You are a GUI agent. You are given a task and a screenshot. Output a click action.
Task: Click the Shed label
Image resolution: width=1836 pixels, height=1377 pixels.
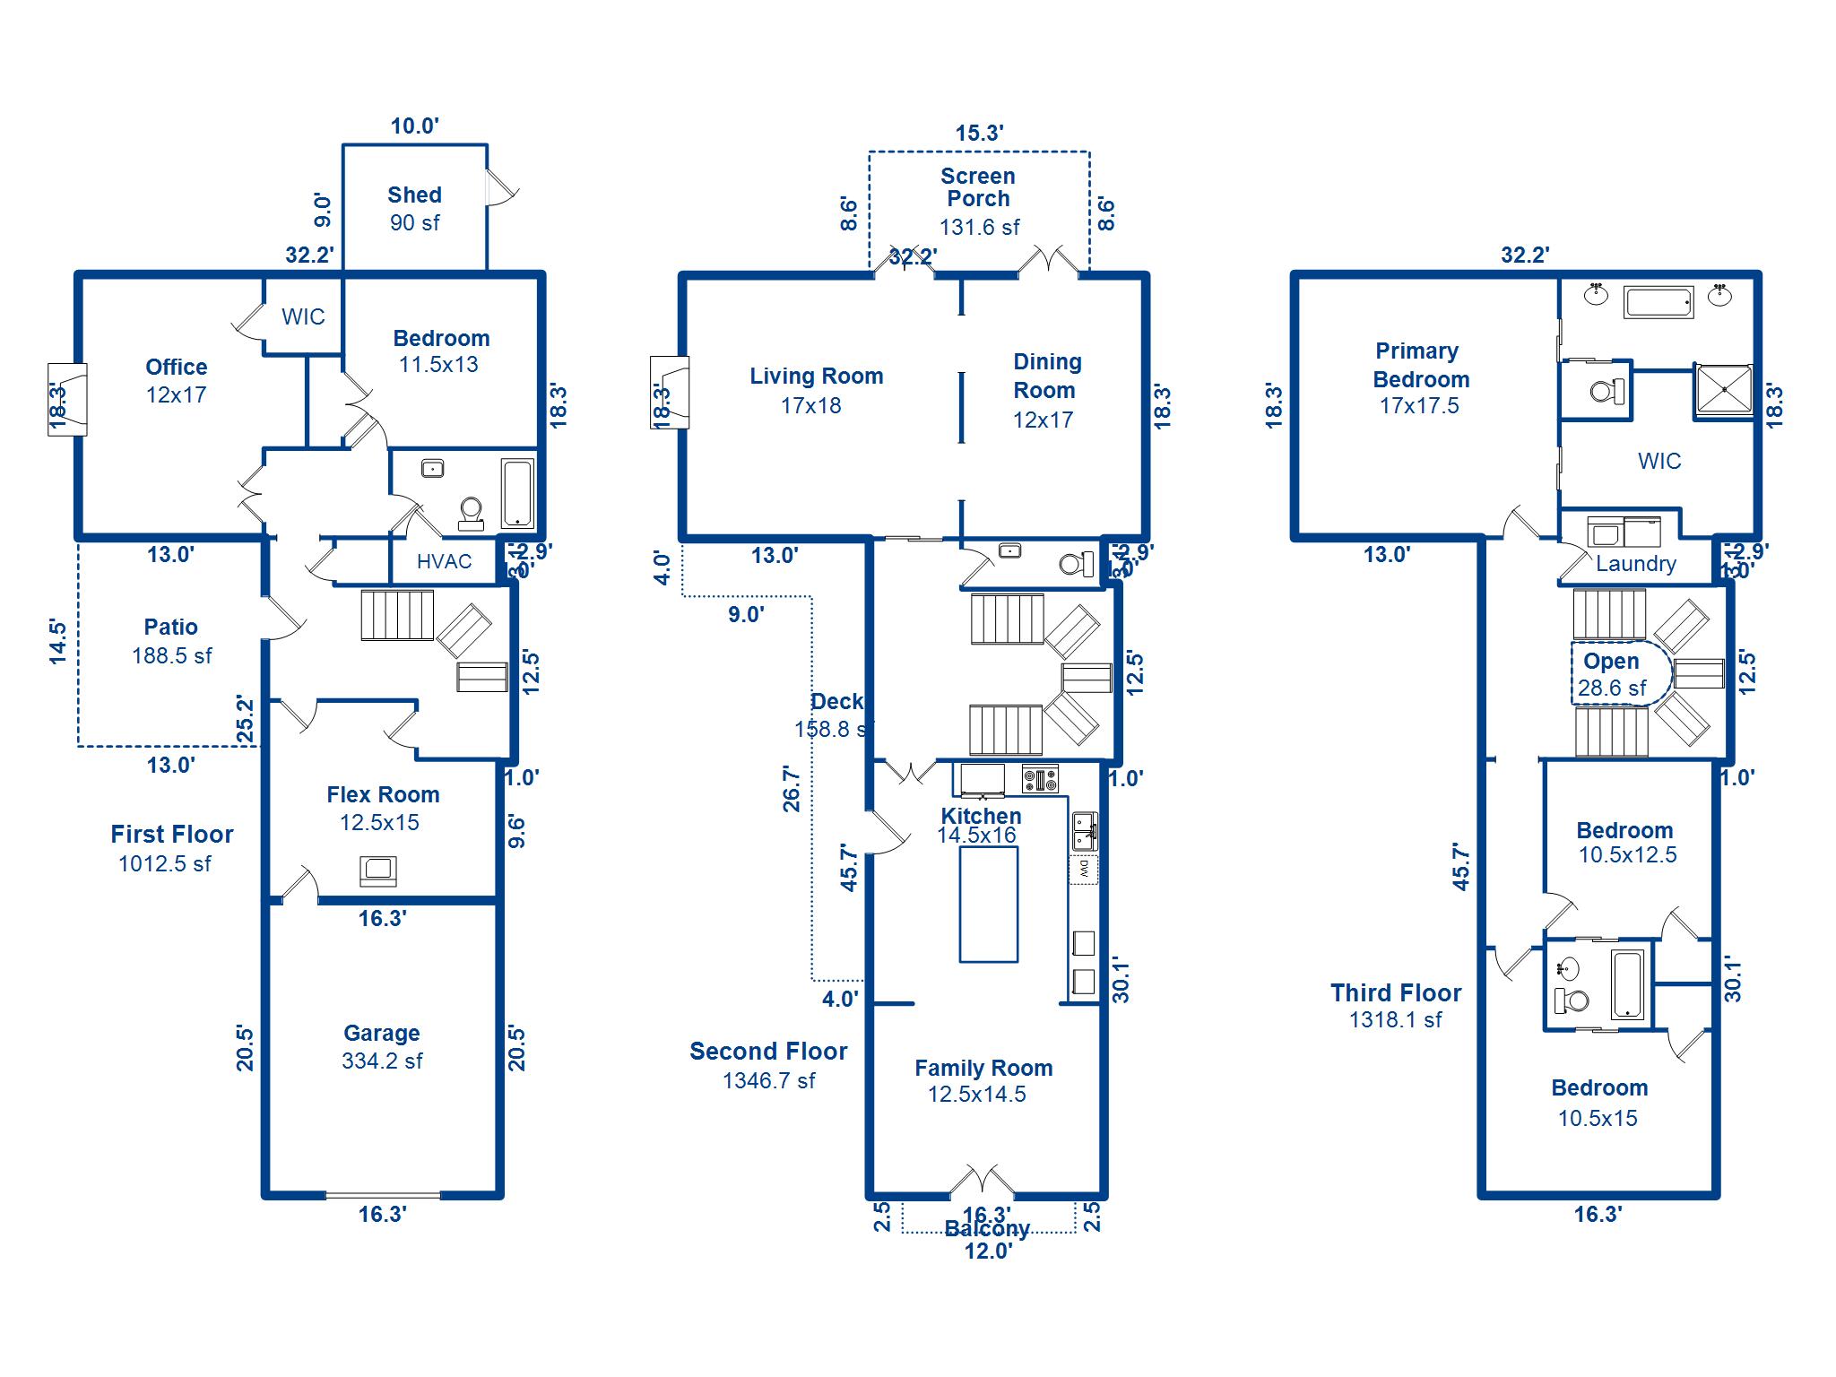414,195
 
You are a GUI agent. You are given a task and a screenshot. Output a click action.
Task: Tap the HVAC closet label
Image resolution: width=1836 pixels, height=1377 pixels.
444,562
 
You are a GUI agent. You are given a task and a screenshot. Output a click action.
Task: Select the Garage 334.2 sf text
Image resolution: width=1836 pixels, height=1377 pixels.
382,1047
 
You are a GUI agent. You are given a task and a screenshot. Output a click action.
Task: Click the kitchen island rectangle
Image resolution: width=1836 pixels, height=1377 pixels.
988,904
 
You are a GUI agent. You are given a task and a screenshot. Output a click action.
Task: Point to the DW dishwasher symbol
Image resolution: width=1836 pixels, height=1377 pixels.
1084,868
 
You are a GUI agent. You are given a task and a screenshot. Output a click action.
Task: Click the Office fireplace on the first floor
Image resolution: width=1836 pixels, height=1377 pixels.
67,399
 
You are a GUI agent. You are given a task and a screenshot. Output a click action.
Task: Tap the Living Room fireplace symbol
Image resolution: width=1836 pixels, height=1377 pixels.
670,392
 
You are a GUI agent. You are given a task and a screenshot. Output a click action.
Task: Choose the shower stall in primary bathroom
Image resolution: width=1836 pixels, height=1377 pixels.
1723,390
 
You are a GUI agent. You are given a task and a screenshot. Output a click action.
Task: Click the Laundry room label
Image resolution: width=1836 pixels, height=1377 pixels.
1635,564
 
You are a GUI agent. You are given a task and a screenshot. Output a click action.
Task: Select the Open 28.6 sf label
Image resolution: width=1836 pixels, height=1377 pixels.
1612,674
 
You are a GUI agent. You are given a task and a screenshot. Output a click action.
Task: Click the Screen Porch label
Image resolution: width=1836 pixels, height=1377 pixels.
978,187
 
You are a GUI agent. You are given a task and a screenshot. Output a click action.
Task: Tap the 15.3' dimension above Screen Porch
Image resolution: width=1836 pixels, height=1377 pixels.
979,134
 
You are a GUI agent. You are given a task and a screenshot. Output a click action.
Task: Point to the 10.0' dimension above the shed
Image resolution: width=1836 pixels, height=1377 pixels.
414,126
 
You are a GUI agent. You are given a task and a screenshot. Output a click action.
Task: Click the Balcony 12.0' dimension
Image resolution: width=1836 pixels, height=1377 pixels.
988,1251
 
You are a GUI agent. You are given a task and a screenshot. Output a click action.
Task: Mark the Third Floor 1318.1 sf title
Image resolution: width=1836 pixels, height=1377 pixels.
1396,1005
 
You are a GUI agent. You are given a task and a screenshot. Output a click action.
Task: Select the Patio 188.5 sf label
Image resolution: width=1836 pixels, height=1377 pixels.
171,641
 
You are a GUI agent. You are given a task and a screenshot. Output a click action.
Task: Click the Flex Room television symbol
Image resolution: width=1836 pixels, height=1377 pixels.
378,870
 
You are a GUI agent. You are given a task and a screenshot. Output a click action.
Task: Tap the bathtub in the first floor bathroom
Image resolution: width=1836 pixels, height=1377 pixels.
517,494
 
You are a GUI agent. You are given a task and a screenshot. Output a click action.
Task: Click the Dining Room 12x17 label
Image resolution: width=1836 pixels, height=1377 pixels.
1045,391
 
